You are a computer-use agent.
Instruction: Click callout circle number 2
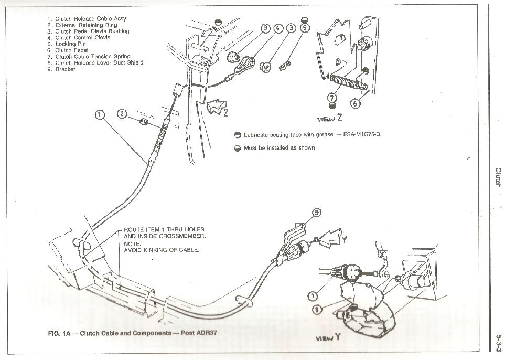pyautogui.click(x=122, y=114)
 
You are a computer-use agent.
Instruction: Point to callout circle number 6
pyautogui.click(x=356, y=103)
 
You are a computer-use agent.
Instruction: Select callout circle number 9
pyautogui.click(x=317, y=213)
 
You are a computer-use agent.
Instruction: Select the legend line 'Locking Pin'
pyautogui.click(x=70, y=44)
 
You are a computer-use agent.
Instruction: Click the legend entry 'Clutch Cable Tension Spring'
pyautogui.click(x=92, y=57)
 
